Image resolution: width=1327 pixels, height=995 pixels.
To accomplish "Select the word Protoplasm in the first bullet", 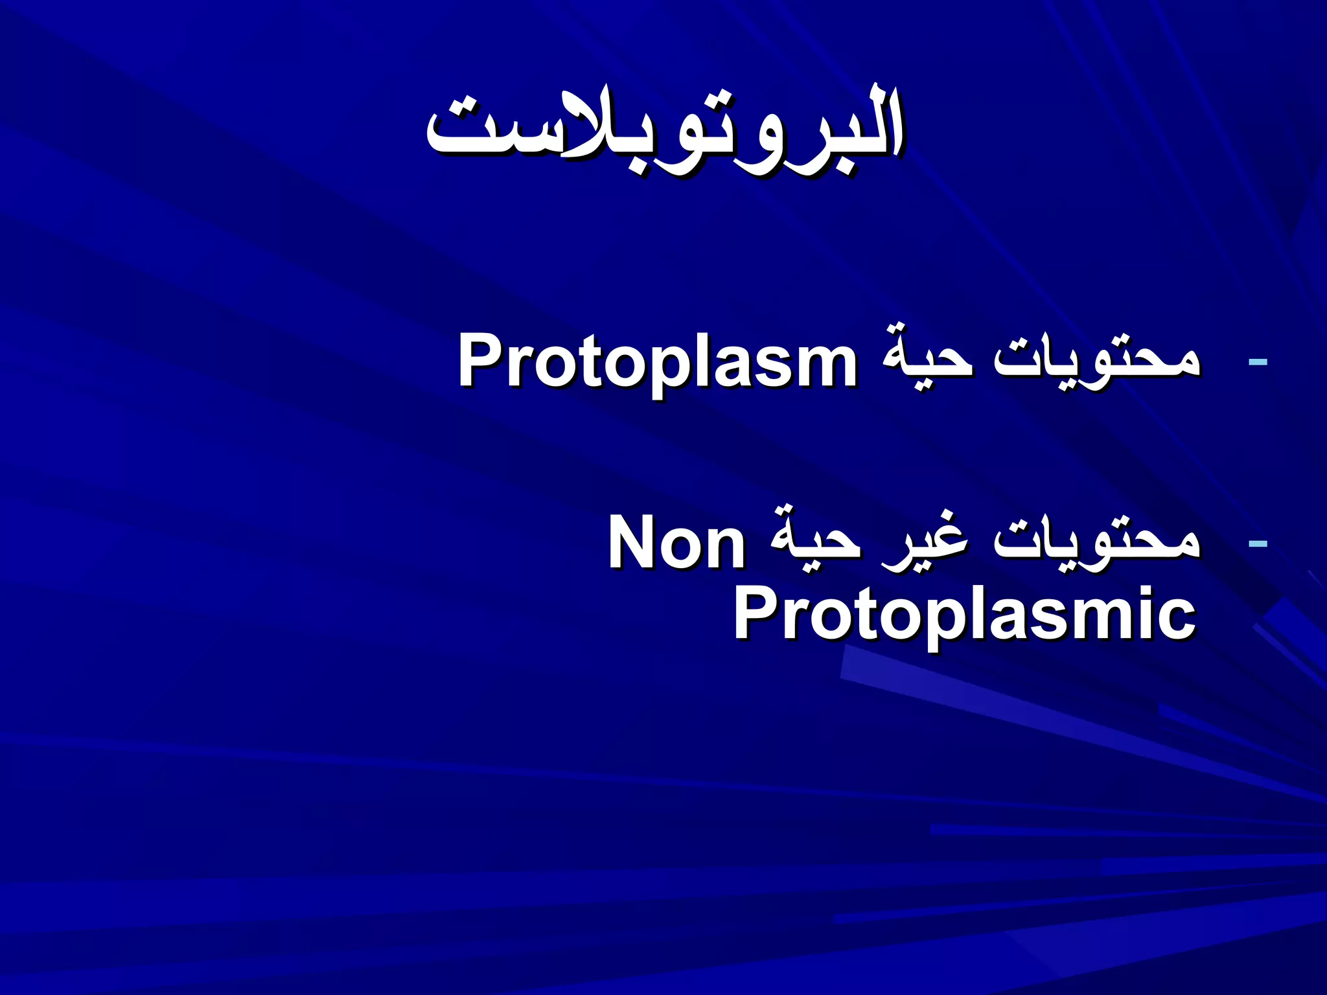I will (x=657, y=361).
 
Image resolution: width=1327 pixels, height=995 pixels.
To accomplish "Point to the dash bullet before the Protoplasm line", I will (x=1257, y=361).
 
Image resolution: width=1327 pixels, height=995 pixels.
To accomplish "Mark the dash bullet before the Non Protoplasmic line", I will (x=1257, y=543).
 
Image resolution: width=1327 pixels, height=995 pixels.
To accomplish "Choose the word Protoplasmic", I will (x=964, y=613).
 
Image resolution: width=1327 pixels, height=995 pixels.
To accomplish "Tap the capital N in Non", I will (x=632, y=543).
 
